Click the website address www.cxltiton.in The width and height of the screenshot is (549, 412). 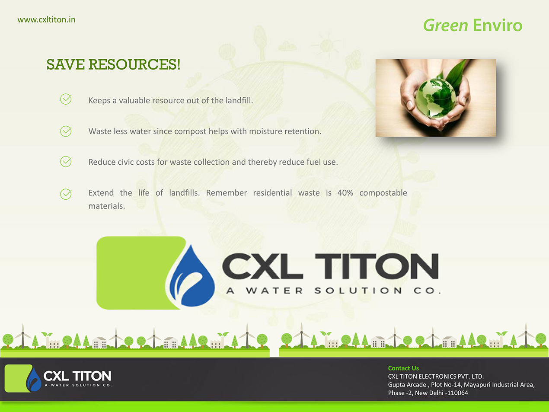(x=46, y=19)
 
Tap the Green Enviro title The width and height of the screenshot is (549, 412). (x=473, y=26)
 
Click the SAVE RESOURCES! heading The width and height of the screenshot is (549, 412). (x=113, y=64)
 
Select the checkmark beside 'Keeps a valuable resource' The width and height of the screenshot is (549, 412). (x=66, y=99)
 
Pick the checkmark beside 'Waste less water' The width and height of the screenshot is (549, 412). (x=66, y=131)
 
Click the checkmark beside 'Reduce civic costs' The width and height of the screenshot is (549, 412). (x=66, y=162)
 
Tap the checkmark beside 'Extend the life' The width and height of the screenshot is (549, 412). (x=66, y=194)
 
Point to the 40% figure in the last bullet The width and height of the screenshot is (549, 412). (x=345, y=193)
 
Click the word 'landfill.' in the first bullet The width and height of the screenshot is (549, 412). (x=239, y=100)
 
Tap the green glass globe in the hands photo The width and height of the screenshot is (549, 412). (x=436, y=98)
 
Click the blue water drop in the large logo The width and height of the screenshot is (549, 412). (x=192, y=276)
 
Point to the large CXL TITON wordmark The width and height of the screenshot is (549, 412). (x=330, y=266)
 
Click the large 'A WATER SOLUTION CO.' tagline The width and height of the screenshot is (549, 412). (x=333, y=291)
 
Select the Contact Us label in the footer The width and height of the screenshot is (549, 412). (x=403, y=368)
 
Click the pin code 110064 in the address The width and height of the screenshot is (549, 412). (x=457, y=393)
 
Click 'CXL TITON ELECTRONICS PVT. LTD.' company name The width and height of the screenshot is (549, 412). (x=436, y=377)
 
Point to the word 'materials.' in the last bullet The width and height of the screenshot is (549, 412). (x=106, y=206)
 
